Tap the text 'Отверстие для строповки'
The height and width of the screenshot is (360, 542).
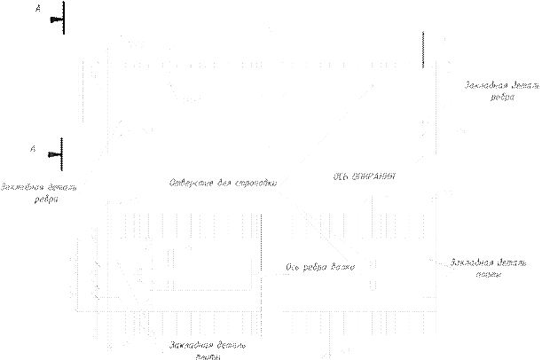222,184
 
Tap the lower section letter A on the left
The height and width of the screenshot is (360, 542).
32,153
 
